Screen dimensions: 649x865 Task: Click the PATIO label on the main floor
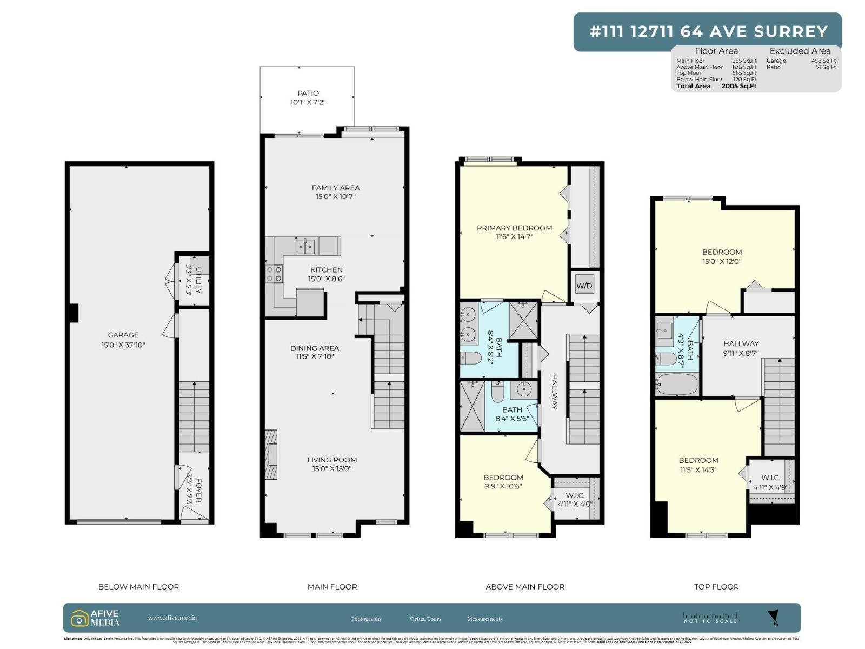(308, 93)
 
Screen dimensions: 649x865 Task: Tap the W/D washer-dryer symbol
(584, 286)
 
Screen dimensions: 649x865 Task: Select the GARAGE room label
(123, 335)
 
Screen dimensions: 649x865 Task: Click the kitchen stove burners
(274, 274)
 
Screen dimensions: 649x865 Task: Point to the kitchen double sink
(305, 247)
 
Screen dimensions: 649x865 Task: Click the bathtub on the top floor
(677, 385)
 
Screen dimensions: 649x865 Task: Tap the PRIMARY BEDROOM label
(514, 228)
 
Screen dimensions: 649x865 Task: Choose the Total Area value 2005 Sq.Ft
(738, 86)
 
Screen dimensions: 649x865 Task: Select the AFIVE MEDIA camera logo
(79, 618)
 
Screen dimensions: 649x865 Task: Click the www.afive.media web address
(172, 618)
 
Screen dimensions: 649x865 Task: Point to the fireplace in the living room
(271, 454)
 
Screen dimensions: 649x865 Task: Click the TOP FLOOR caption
(716, 586)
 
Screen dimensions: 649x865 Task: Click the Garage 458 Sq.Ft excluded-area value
(823, 61)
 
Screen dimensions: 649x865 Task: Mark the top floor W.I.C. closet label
(770, 478)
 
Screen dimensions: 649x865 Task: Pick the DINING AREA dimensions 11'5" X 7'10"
(318, 356)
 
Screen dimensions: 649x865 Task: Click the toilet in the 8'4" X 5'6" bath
(498, 392)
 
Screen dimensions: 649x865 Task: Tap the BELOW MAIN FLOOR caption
(138, 586)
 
